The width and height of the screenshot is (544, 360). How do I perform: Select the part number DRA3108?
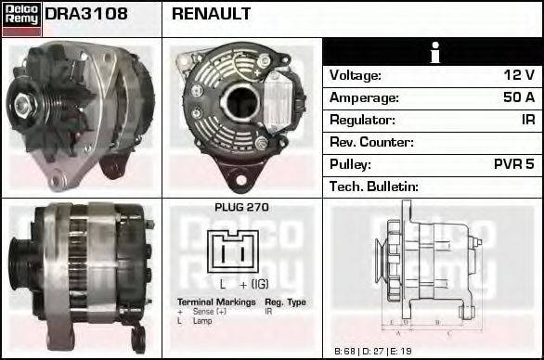tap(85, 15)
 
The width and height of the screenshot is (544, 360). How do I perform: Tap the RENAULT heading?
tap(211, 15)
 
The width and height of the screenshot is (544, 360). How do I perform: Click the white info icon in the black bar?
tap(432, 52)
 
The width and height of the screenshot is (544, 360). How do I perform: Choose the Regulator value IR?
tap(526, 120)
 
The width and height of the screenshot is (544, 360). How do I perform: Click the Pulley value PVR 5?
tap(513, 164)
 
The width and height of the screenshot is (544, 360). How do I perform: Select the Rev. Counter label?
tap(371, 142)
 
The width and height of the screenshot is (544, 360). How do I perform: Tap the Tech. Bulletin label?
tap(374, 186)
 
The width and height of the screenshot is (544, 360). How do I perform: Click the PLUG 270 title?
tap(241, 207)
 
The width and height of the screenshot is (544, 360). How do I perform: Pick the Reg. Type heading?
tap(285, 302)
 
